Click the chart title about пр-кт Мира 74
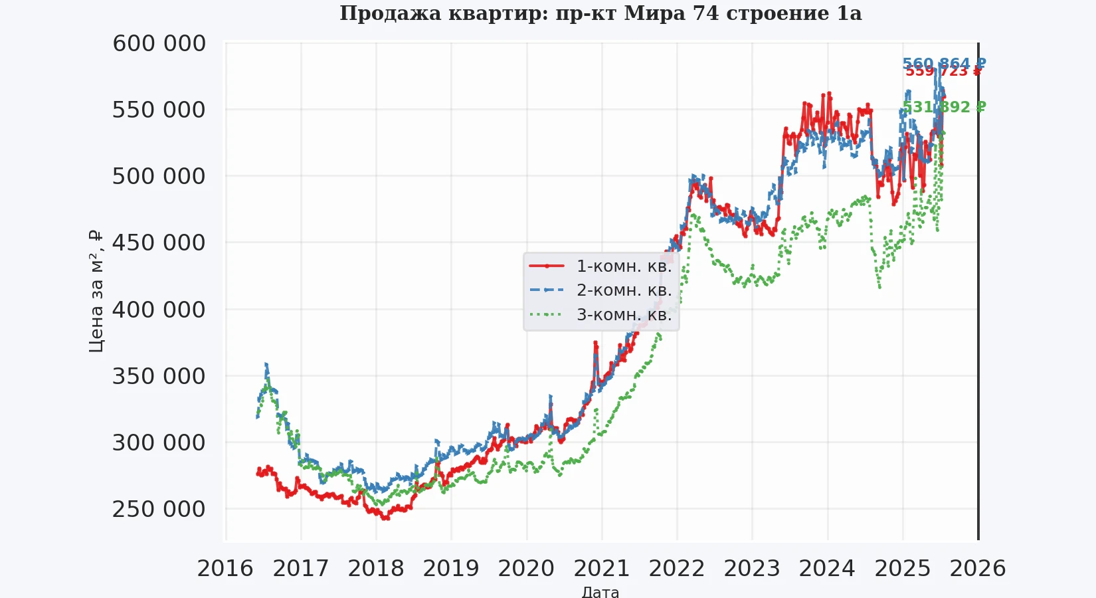(600, 13)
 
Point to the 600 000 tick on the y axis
(159, 43)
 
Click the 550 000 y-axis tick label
(159, 110)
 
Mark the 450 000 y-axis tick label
(159, 243)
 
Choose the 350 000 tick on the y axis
(159, 376)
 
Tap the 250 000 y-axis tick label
(159, 509)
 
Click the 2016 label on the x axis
(225, 569)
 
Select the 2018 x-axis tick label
(376, 569)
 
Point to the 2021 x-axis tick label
(602, 569)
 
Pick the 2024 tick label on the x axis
(827, 569)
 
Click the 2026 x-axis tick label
(978, 569)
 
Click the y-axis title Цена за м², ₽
(96, 291)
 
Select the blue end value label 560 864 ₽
(944, 64)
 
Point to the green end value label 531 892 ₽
(944, 107)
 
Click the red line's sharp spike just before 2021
(595, 343)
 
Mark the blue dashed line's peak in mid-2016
(266, 363)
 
